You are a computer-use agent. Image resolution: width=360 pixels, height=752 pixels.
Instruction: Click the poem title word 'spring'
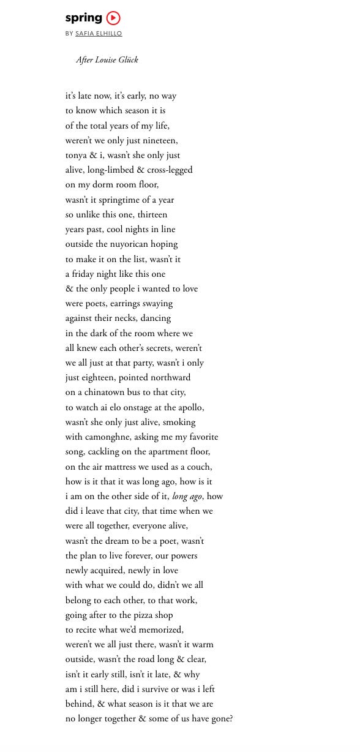click(84, 18)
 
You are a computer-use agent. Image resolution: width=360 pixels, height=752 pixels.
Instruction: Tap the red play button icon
click(113, 18)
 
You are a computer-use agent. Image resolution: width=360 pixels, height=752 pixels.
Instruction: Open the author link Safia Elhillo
click(99, 34)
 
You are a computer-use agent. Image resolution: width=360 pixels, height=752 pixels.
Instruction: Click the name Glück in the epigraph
click(127, 60)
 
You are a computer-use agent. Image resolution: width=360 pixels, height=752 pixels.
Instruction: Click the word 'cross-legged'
click(170, 170)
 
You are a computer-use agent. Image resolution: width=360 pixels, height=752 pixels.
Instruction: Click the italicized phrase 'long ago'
click(187, 497)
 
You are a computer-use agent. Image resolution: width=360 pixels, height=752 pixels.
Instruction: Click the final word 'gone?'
click(221, 719)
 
